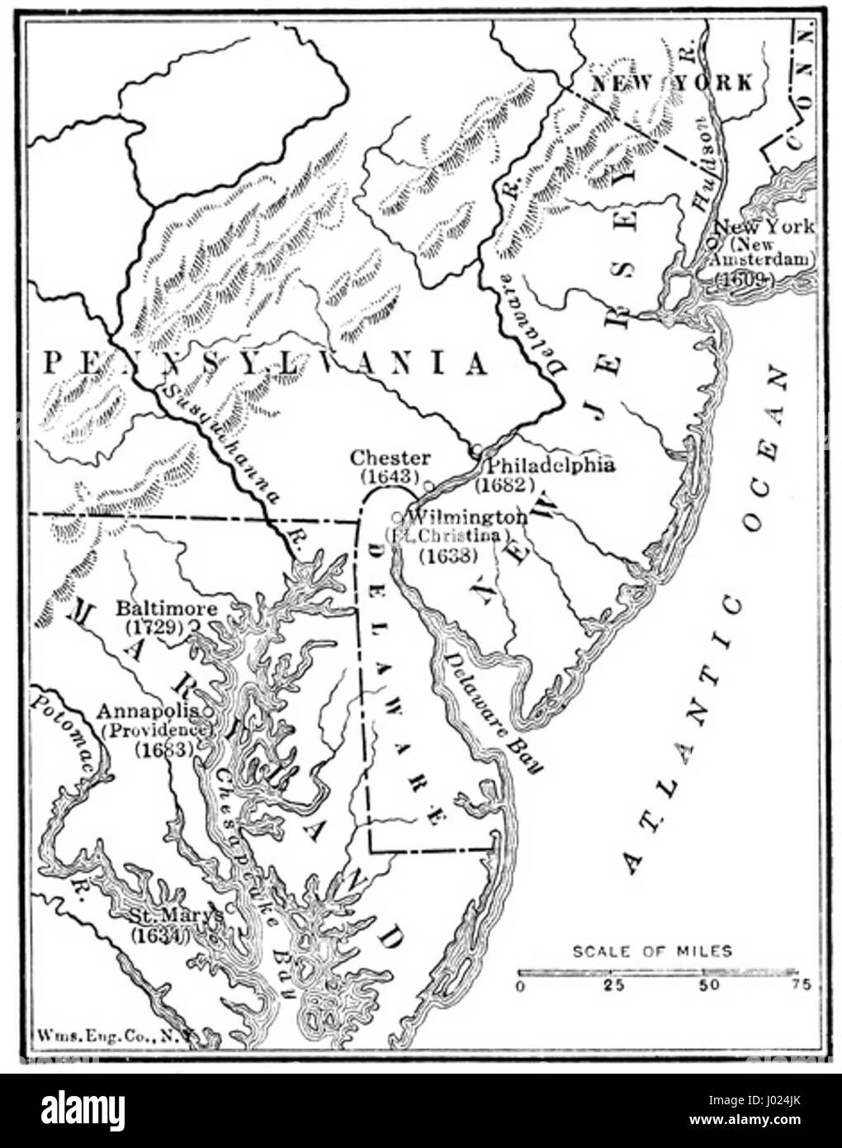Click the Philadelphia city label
tap(549, 465)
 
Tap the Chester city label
tap(390, 458)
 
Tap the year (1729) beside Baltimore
tap(154, 627)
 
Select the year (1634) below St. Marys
tap(160, 936)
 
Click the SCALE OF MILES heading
tap(652, 951)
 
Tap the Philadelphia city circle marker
tap(477, 450)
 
